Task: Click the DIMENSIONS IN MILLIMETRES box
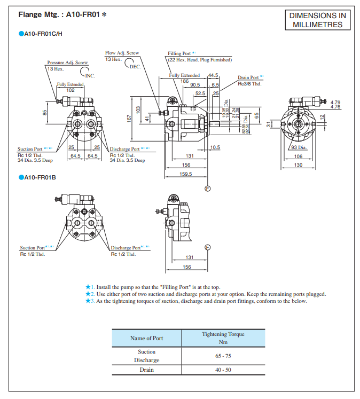click(x=317, y=20)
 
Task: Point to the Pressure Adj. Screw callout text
click(x=67, y=62)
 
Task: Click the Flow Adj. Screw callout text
click(x=122, y=53)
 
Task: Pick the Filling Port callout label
click(x=180, y=54)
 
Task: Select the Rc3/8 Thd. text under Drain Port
click(x=249, y=83)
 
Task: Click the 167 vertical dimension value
click(x=129, y=118)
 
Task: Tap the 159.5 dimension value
click(x=185, y=174)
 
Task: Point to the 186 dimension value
click(x=184, y=80)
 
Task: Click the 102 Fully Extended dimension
click(x=71, y=90)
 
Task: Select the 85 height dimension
click(x=45, y=112)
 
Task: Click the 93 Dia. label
click(x=299, y=147)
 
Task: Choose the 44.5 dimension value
click(x=213, y=75)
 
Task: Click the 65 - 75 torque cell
click(x=223, y=355)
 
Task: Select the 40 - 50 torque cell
click(x=223, y=370)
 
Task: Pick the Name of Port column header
click(x=146, y=338)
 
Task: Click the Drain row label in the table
click(x=146, y=370)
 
